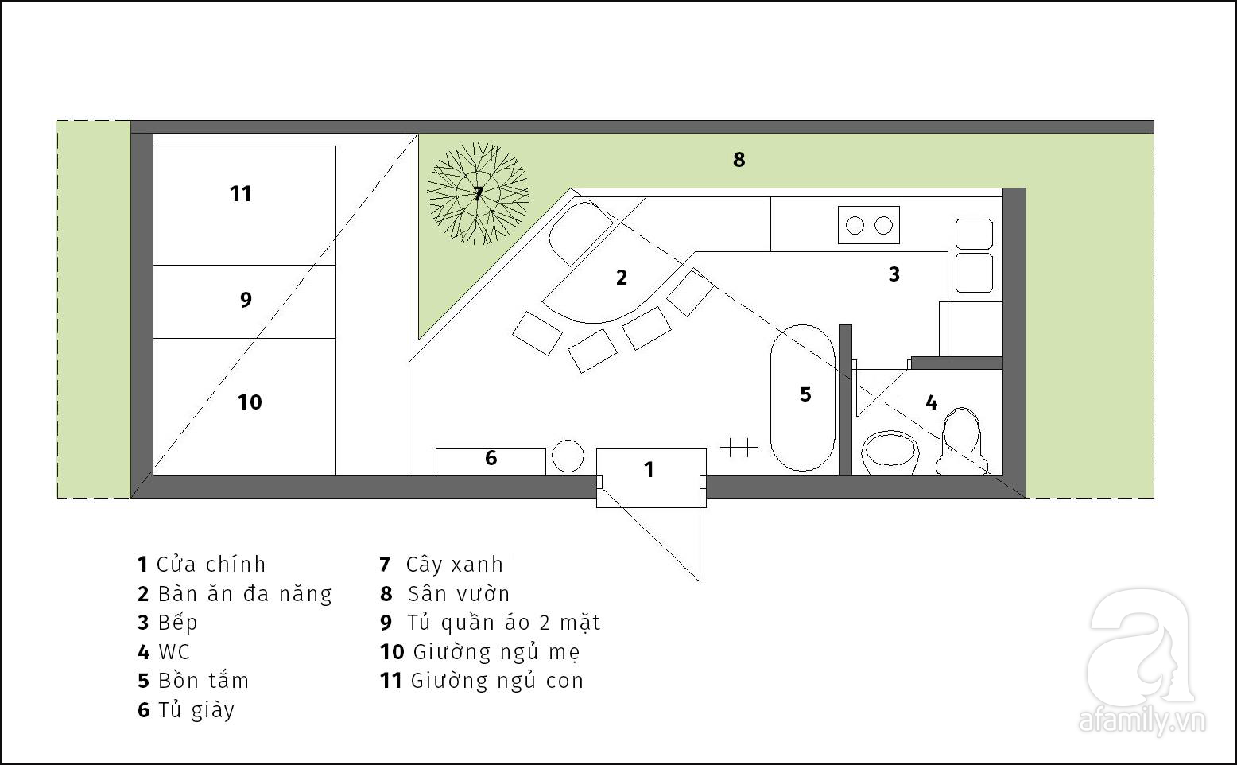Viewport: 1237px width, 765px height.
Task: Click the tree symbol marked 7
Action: click(479, 193)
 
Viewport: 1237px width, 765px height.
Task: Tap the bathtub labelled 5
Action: click(803, 398)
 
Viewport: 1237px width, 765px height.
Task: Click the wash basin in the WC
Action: click(890, 452)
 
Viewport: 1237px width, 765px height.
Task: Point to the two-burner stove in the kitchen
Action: click(869, 225)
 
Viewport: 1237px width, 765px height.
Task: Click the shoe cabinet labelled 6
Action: click(491, 461)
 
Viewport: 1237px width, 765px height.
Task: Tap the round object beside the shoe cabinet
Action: click(568, 456)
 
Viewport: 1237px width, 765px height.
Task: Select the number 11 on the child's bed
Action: click(241, 194)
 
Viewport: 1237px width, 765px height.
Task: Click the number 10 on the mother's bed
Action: click(250, 402)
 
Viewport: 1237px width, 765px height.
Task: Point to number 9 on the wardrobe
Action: click(246, 299)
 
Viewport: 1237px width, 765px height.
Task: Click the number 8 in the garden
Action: click(739, 160)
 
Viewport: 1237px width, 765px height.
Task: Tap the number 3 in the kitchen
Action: click(894, 274)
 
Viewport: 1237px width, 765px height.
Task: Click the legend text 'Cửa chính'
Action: click(211, 565)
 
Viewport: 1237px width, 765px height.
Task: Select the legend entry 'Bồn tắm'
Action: click(204, 681)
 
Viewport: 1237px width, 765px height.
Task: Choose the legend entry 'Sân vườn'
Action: click(459, 594)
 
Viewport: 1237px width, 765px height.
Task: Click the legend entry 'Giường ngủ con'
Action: click(497, 681)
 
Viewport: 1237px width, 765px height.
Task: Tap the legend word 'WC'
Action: click(174, 652)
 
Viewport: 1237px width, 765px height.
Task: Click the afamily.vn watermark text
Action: click(1142, 721)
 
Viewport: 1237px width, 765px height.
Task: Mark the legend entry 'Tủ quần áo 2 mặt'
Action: click(504, 623)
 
